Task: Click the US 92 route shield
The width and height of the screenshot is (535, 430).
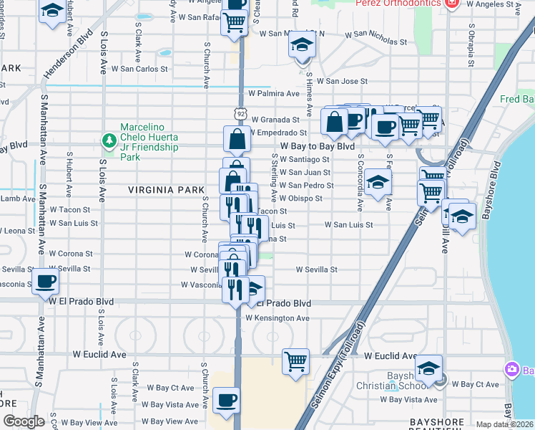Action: (240, 112)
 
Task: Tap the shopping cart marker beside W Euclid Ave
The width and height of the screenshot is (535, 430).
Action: (295, 360)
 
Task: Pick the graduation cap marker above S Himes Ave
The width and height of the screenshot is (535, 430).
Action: (302, 44)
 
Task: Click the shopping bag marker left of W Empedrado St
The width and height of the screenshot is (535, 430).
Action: (237, 138)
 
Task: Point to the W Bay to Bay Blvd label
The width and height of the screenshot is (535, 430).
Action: (318, 146)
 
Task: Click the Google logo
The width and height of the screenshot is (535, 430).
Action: (24, 421)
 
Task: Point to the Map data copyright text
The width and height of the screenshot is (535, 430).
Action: (505, 424)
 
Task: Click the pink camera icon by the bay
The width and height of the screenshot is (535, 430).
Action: (512, 370)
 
